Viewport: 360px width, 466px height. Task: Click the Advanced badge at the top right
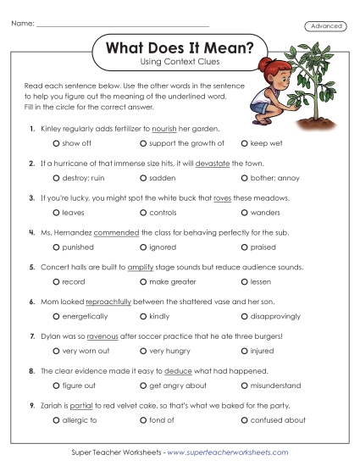pyautogui.click(x=327, y=26)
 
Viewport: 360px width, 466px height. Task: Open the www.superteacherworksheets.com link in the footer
pyautogui.click(x=228, y=452)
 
